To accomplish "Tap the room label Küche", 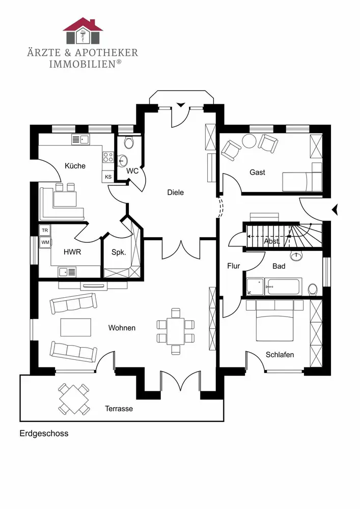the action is pos(75,166).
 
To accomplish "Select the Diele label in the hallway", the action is pos(176,192).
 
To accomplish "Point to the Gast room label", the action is pos(257,173).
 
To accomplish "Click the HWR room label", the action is pos(72,252).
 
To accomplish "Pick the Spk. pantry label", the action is pos(119,252).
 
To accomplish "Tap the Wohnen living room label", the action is pos(122,328).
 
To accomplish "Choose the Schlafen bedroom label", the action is pos(280,355).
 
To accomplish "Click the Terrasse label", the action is pos(119,408).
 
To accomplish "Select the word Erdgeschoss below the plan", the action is pos(44,434).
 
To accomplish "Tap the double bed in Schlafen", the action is pos(275,321).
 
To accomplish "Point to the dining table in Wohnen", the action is pos(176,331).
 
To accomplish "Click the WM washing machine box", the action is pos(45,242).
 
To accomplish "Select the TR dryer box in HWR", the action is pos(45,231).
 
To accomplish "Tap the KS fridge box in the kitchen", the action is pos(108,177).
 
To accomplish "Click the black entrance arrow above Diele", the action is pos(180,104).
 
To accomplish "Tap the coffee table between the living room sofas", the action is pos(75,327).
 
